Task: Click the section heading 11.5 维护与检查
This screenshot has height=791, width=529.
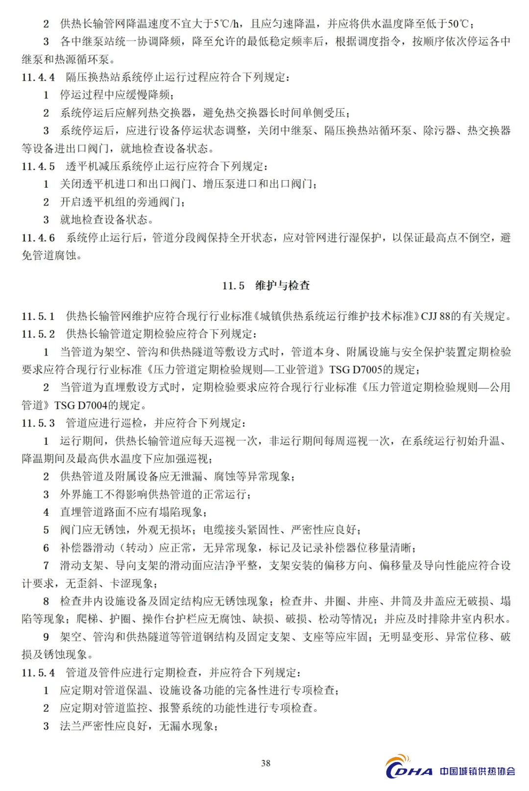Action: pyautogui.click(x=265, y=286)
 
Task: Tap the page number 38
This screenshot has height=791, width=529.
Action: pyautogui.click(x=265, y=763)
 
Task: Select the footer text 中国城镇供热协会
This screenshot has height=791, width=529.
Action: pyautogui.click(x=477, y=771)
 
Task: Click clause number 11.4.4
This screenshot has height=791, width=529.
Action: pyautogui.click(x=38, y=77)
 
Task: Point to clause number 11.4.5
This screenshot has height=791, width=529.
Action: pyautogui.click(x=38, y=166)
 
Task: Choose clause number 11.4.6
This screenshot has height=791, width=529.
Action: pyautogui.click(x=38, y=238)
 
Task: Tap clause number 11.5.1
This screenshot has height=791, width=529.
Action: pyautogui.click(x=38, y=316)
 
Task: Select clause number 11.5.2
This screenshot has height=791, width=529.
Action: pyautogui.click(x=38, y=334)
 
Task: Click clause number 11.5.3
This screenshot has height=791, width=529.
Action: pyautogui.click(x=38, y=423)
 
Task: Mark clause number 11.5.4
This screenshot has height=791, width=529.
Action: pyautogui.click(x=38, y=672)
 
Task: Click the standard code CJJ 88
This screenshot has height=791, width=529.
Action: pyautogui.click(x=435, y=316)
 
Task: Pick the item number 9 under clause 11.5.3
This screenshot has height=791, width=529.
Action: pyautogui.click(x=46, y=637)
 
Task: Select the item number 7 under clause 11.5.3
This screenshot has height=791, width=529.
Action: pyautogui.click(x=46, y=565)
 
